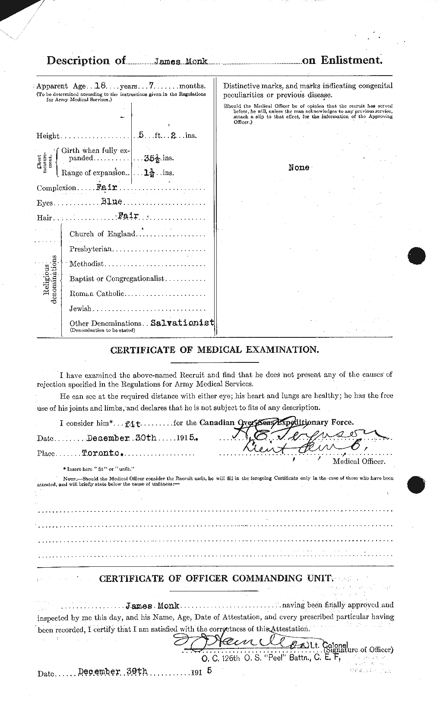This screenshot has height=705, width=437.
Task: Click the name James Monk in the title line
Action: pyautogui.click(x=181, y=62)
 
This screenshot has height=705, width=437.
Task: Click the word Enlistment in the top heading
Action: pyautogui.click(x=351, y=60)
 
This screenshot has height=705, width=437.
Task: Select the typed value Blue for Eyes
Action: pyautogui.click(x=111, y=201)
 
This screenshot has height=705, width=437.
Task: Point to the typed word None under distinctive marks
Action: pyautogui.click(x=299, y=168)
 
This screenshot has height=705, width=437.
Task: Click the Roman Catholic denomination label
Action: pyautogui.click(x=97, y=294)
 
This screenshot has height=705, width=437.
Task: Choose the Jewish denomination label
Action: pyautogui.click(x=80, y=308)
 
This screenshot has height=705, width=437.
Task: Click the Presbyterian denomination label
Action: pyautogui.click(x=91, y=249)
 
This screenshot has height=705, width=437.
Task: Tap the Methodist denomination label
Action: pyautogui.click(x=86, y=264)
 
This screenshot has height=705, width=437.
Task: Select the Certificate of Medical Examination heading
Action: pyautogui.click(x=215, y=349)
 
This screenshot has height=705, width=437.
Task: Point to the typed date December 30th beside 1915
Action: pyautogui.click(x=121, y=438)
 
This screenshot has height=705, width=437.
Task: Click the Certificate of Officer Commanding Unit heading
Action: pyautogui.click(x=216, y=578)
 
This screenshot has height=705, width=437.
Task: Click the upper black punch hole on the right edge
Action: pyautogui.click(x=416, y=255)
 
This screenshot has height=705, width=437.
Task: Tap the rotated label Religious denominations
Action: pyautogui.click(x=50, y=279)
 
